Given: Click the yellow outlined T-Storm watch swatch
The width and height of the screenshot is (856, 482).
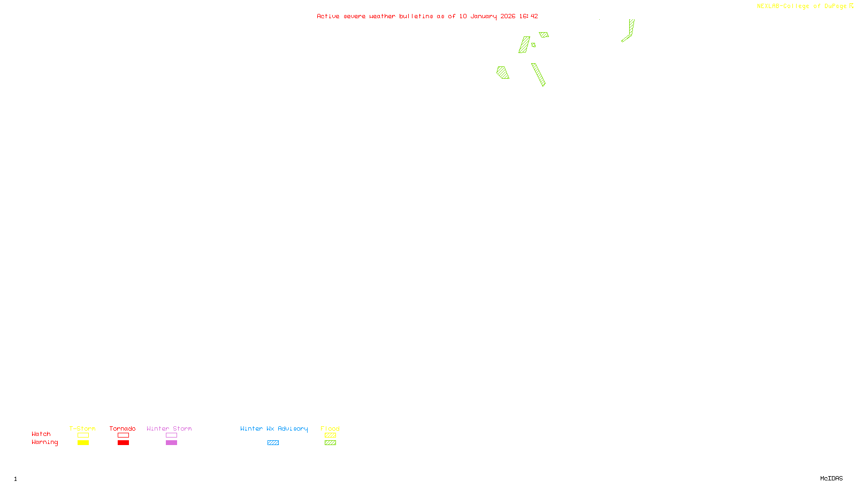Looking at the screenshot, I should pyautogui.click(x=83, y=435).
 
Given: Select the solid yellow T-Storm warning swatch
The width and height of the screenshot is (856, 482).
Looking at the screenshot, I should pyautogui.click(x=83, y=443).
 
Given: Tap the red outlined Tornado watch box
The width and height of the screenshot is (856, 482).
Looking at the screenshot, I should pyautogui.click(x=123, y=435).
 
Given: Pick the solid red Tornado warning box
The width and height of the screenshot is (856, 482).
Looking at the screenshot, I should pyautogui.click(x=123, y=443).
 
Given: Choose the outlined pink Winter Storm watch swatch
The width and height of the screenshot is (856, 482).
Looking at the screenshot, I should pyautogui.click(x=171, y=435).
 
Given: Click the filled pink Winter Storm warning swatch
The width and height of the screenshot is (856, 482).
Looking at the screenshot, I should pyautogui.click(x=171, y=443).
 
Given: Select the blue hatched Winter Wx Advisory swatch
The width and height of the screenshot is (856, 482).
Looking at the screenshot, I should pyautogui.click(x=273, y=443).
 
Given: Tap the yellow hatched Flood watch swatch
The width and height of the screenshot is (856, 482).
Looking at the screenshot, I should pyautogui.click(x=330, y=435).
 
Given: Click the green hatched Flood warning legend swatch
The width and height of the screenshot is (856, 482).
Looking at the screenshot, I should pyautogui.click(x=330, y=443).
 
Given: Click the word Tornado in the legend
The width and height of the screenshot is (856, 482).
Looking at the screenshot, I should pyautogui.click(x=123, y=428).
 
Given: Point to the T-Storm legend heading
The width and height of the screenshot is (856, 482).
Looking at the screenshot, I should pyautogui.click(x=82, y=428).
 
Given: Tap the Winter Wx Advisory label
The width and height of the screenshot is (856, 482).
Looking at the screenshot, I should pyautogui.click(x=274, y=428).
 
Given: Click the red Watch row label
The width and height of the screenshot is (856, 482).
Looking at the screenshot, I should pyautogui.click(x=41, y=434).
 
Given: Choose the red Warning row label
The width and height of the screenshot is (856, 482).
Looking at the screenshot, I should pyautogui.click(x=44, y=442).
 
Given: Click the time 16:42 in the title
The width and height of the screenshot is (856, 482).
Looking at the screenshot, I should pyautogui.click(x=529, y=16).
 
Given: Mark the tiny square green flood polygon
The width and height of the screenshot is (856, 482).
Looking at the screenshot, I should pyautogui.click(x=533, y=45).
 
